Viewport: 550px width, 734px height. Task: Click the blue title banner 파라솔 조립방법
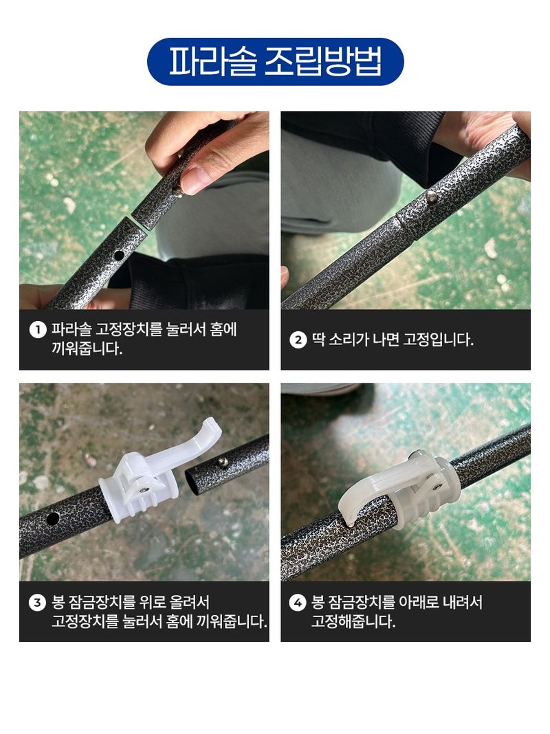coord(275,62)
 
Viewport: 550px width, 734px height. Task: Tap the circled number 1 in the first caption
coord(37,330)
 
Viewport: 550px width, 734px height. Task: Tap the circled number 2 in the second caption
coord(298,340)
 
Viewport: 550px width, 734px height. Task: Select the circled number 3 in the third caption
coord(37,603)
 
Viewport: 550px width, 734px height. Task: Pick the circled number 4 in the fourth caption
coord(298,603)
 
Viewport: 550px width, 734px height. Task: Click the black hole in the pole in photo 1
coord(119,255)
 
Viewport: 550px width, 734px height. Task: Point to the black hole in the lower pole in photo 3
coord(52,520)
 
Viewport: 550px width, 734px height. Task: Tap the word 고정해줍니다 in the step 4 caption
coord(353,622)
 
